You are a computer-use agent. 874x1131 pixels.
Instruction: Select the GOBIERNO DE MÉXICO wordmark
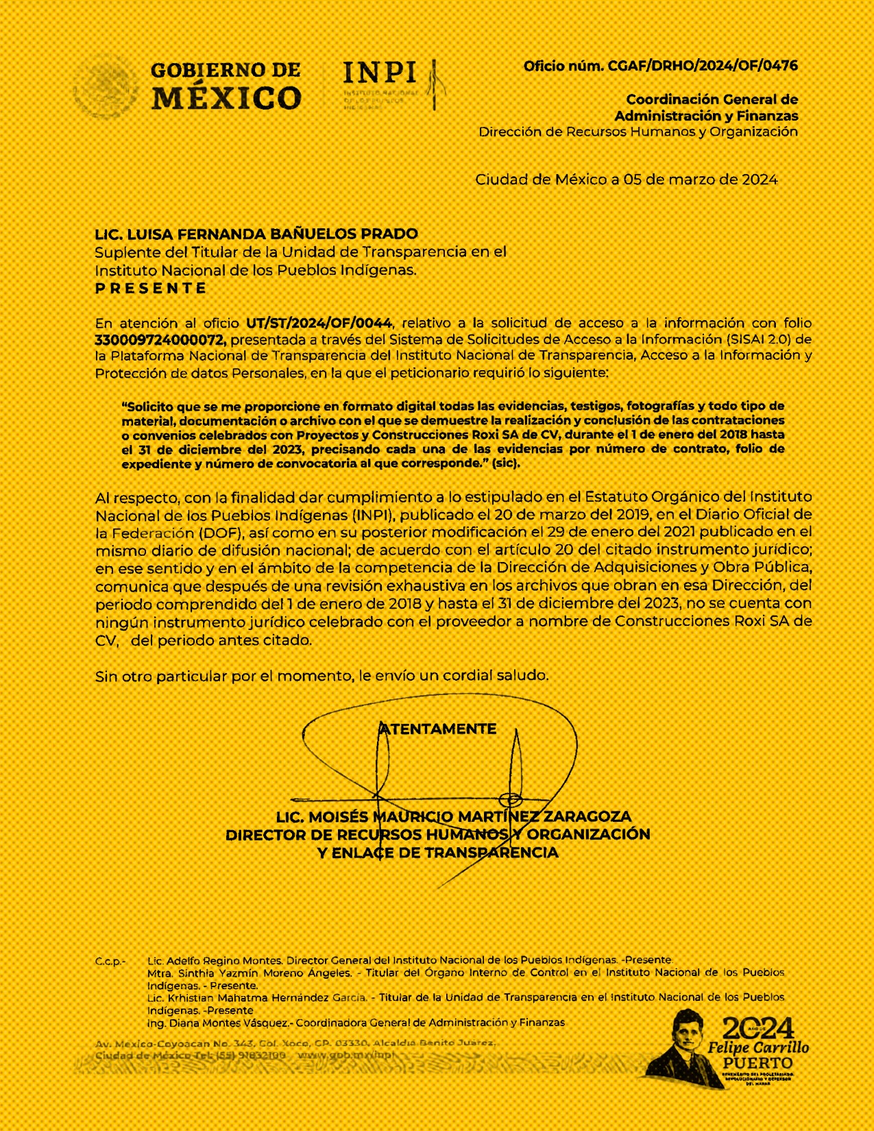click(x=226, y=86)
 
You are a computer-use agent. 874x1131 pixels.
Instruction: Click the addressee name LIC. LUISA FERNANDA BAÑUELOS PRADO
click(x=256, y=234)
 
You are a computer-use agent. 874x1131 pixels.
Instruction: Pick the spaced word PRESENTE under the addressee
click(x=151, y=288)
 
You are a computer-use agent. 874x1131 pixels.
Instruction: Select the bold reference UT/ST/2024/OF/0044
click(x=319, y=323)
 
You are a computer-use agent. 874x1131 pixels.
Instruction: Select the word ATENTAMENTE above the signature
click(x=438, y=729)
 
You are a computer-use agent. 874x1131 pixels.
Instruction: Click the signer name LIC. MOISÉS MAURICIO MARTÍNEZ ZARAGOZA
click(x=453, y=817)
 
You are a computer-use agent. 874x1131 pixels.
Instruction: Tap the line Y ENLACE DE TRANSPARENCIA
click(x=437, y=853)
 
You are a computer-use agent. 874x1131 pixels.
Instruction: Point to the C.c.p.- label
click(x=110, y=962)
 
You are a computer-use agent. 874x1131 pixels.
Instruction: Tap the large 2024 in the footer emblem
click(x=757, y=1029)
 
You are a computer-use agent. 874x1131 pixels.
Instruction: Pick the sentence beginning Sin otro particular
click(x=321, y=676)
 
